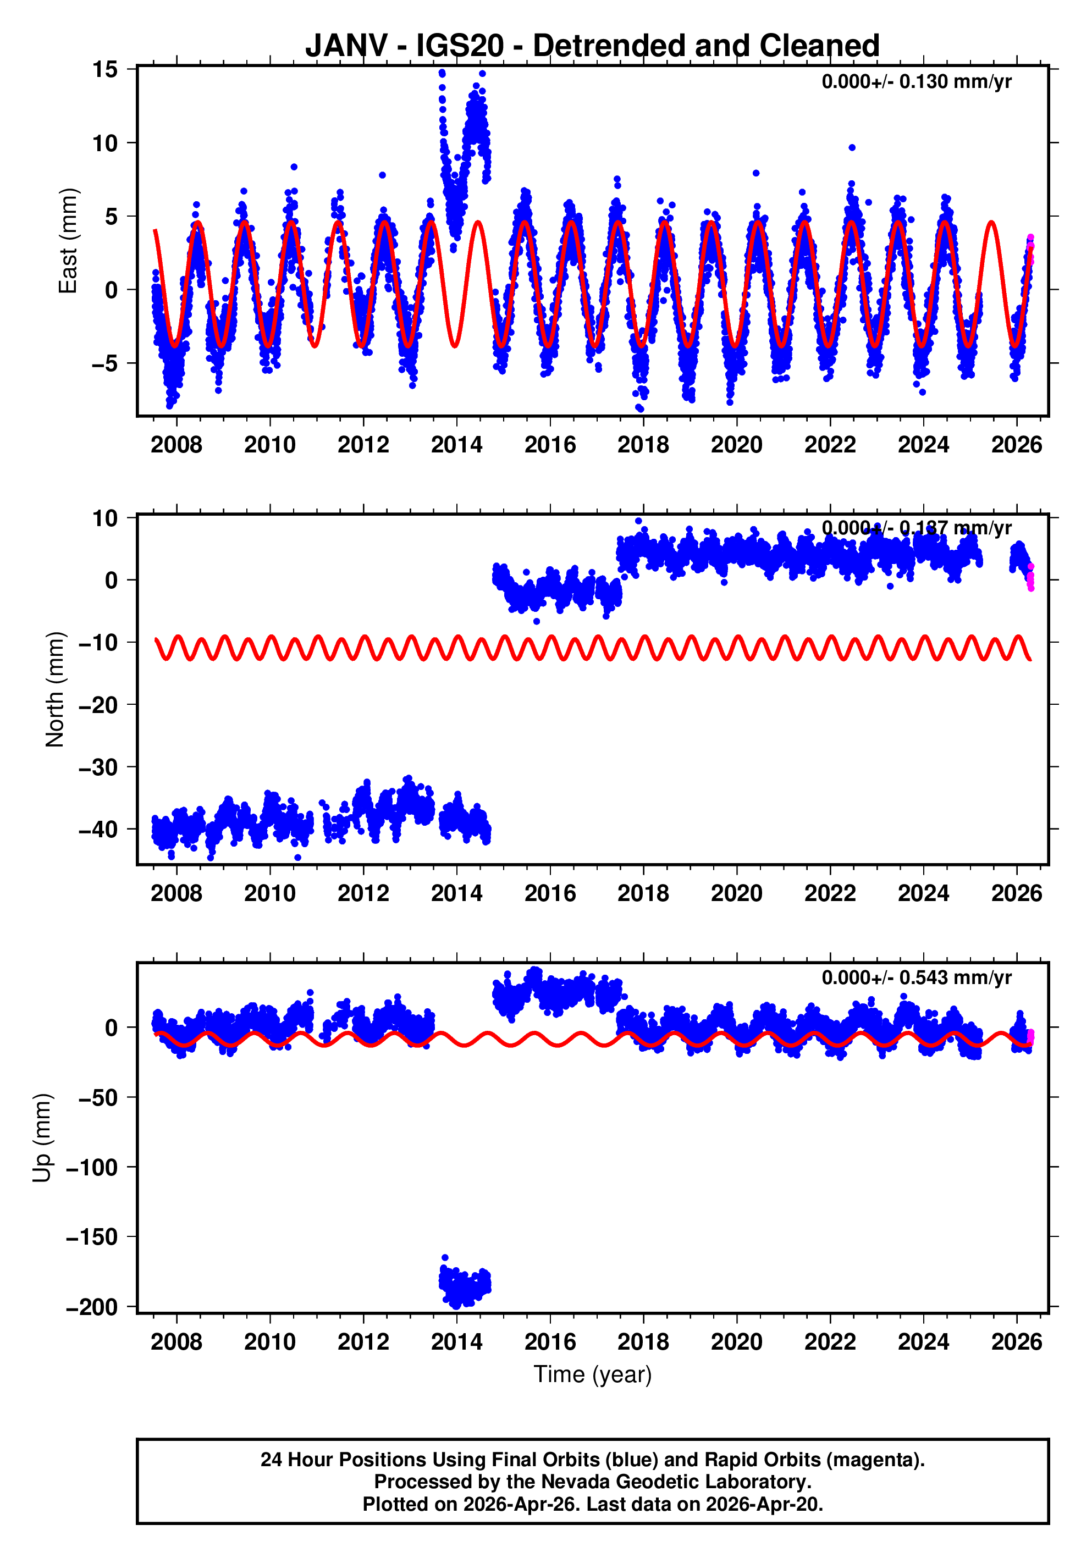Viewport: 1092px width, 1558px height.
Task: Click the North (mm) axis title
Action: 55,689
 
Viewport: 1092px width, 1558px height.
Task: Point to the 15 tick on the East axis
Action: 105,70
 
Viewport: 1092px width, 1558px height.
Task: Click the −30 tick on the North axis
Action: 99,767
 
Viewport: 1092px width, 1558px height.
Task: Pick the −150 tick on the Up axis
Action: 92,1237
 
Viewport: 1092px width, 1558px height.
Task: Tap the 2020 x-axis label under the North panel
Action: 736,894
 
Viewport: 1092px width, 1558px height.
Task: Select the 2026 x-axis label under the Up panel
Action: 1016,1342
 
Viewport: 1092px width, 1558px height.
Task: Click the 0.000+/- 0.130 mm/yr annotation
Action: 915,82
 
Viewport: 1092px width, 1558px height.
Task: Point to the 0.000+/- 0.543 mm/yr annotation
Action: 915,978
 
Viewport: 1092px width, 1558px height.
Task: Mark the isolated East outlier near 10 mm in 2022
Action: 852,148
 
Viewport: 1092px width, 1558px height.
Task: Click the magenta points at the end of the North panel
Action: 1030,579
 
